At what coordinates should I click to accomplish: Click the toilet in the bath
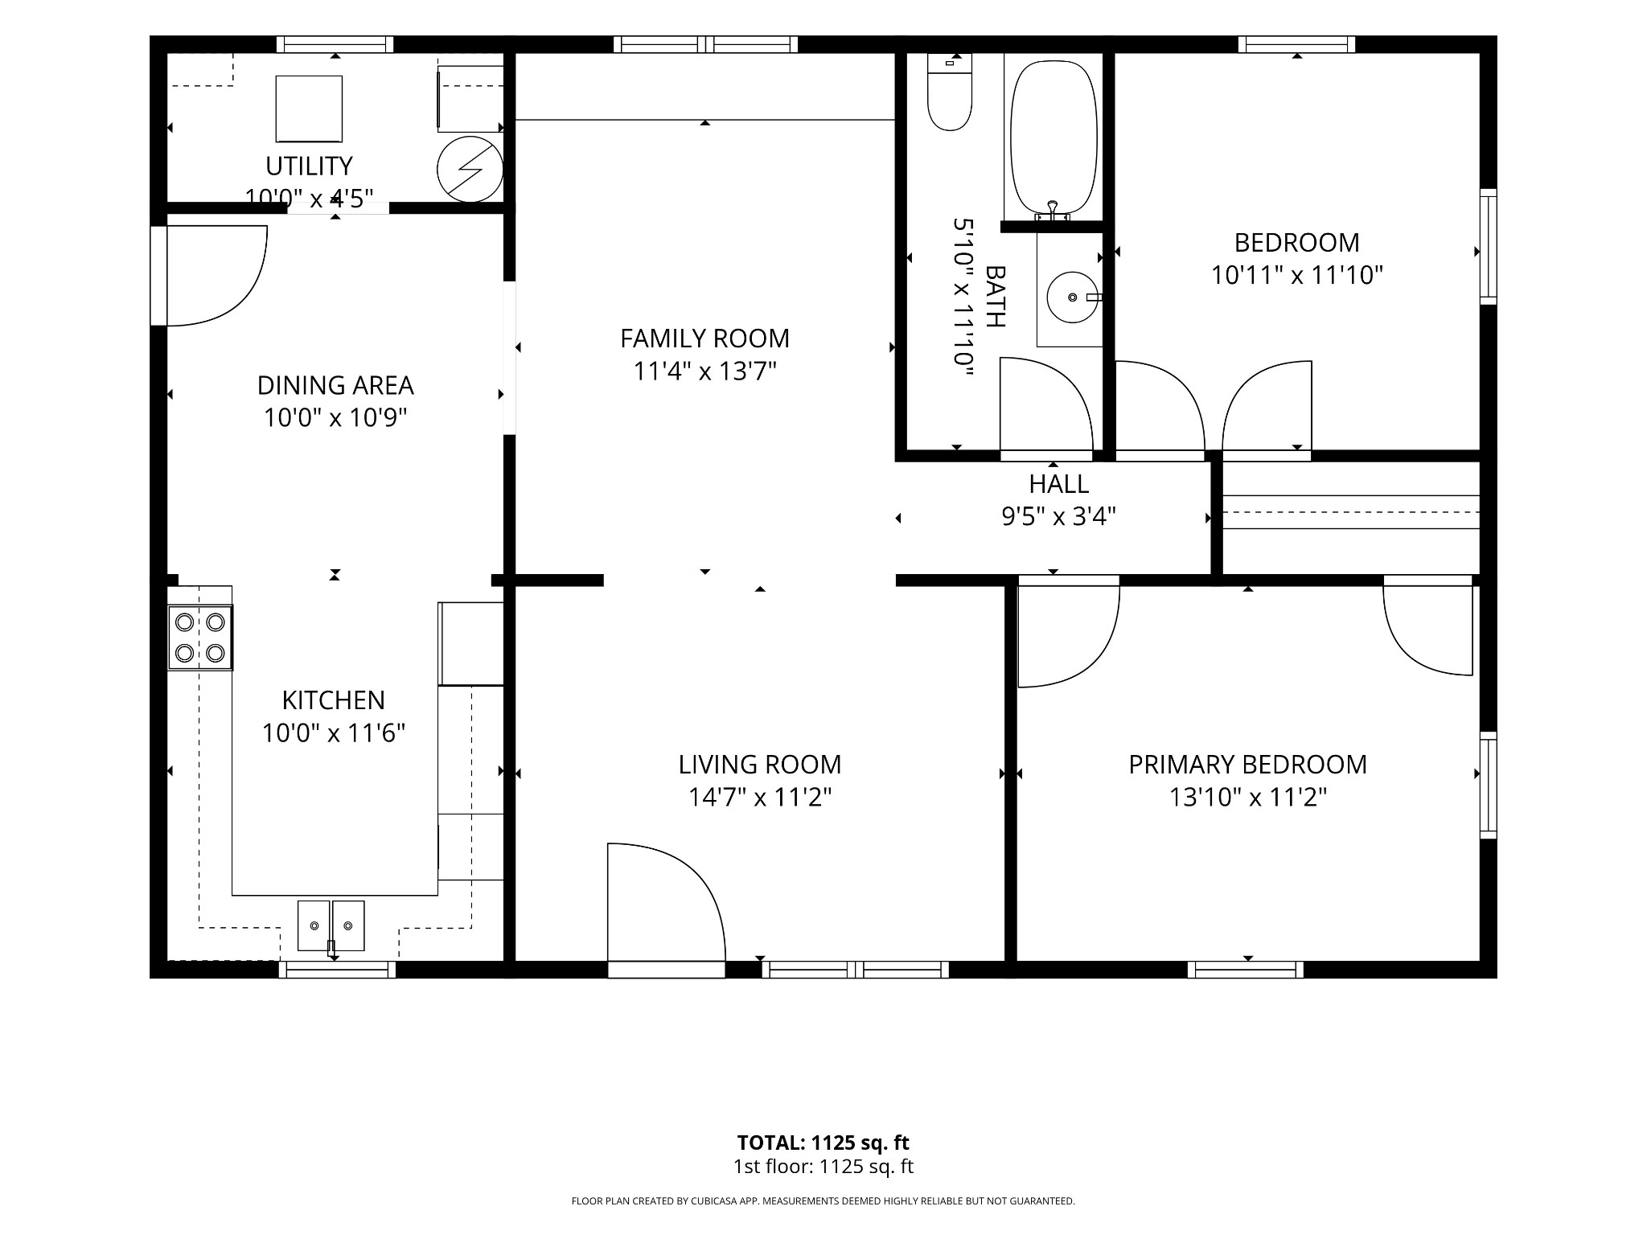[x=950, y=92]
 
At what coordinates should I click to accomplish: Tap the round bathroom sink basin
[x=1072, y=297]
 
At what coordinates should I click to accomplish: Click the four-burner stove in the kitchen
[x=200, y=638]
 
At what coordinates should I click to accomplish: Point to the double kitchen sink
[x=331, y=925]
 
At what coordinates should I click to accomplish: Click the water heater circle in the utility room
[x=470, y=170]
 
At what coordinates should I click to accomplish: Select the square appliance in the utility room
[x=309, y=109]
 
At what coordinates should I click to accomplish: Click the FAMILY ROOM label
[x=704, y=338]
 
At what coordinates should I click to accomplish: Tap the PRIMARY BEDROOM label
[x=1247, y=765]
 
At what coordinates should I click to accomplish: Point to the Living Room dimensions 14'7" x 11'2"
[x=759, y=798]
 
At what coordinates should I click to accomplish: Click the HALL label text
[x=1058, y=484]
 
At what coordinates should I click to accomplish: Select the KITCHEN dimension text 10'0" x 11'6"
[x=333, y=733]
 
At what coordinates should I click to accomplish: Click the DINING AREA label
[x=335, y=386]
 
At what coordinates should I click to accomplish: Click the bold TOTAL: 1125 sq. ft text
[x=823, y=1143]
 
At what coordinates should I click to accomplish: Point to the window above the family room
[x=705, y=44]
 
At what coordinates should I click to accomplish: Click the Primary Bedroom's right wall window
[x=1489, y=786]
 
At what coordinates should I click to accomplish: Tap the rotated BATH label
[x=995, y=297]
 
